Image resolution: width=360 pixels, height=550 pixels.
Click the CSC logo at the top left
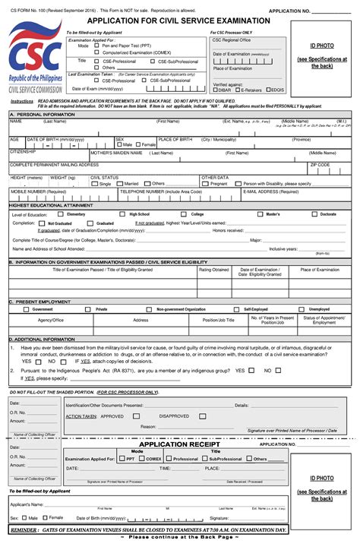(27, 55)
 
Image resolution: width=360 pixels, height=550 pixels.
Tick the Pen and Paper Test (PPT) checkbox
(95, 46)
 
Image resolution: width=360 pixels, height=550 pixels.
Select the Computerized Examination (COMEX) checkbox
(95, 52)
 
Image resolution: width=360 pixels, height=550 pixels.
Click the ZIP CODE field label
(320, 164)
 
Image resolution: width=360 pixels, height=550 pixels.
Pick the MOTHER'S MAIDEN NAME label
(115, 152)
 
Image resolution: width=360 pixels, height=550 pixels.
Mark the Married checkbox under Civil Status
(121, 183)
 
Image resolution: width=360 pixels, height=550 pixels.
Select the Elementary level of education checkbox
(62, 214)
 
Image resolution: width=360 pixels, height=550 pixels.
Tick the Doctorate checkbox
(315, 214)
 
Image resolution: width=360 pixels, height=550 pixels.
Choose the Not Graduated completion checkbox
(43, 223)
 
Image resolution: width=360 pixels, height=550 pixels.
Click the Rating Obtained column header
(213, 270)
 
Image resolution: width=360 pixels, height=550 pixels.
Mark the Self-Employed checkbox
(239, 309)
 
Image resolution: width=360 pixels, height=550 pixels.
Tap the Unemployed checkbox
(304, 309)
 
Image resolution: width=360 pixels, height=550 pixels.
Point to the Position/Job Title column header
(219, 320)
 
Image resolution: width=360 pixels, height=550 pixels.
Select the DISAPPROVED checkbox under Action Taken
(154, 416)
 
